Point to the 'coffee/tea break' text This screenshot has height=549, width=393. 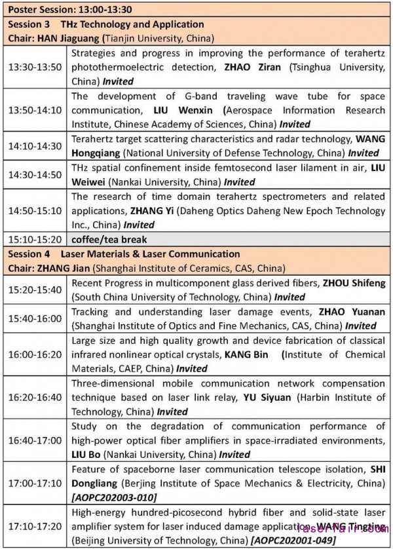tap(109, 239)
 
